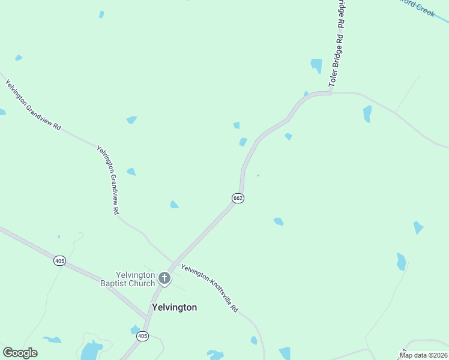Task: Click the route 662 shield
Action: point(238,198)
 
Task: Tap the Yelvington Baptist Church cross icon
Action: point(164,278)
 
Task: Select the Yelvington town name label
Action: point(175,307)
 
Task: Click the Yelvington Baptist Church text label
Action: point(127,279)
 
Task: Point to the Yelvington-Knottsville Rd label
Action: point(210,289)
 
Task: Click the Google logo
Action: point(20,353)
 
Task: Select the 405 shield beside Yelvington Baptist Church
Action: point(59,260)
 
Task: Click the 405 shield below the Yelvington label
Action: point(142,336)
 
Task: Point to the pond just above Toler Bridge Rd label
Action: point(316,64)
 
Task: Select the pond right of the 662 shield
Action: point(279,221)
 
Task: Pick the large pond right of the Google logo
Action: point(91,350)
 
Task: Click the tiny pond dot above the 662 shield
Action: point(258,175)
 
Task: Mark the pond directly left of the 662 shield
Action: point(174,205)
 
